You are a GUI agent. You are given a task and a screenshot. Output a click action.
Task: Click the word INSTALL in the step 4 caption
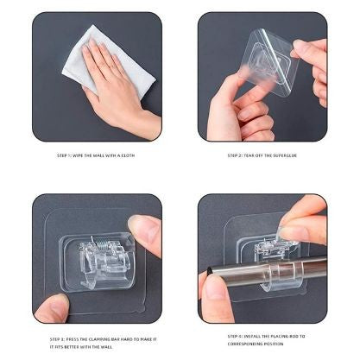[x=249, y=336]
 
